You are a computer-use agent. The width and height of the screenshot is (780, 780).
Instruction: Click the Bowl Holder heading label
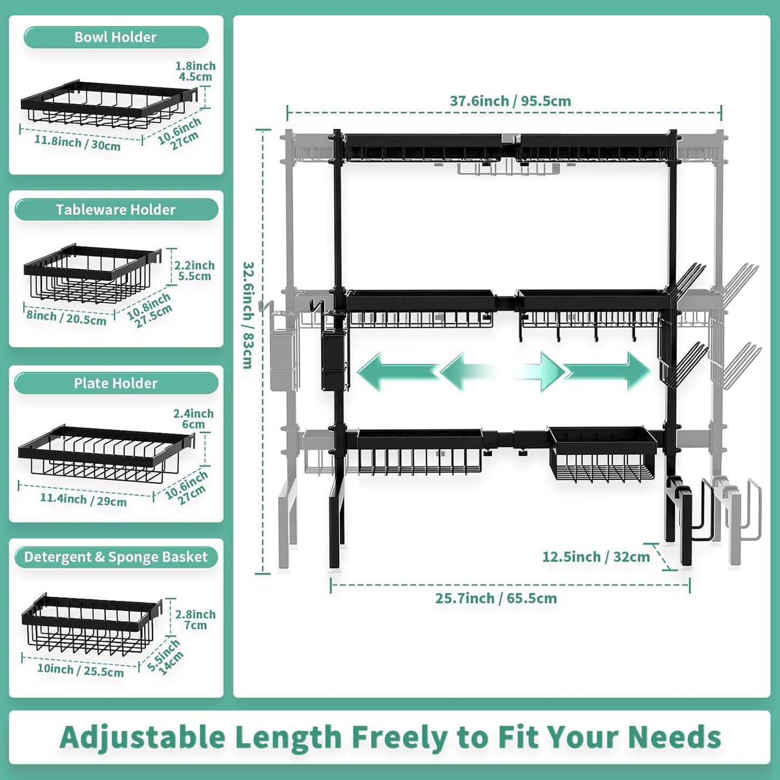pyautogui.click(x=116, y=37)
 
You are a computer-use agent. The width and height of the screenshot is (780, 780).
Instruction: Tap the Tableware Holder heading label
pyautogui.click(x=116, y=209)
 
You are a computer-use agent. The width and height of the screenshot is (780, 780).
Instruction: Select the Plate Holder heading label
pyautogui.click(x=116, y=383)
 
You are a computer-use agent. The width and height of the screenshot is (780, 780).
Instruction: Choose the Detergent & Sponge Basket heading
pyautogui.click(x=116, y=557)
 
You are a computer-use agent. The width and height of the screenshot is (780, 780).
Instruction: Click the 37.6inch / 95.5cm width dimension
pyautogui.click(x=510, y=101)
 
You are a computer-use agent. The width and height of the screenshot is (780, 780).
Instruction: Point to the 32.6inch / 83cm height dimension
pyautogui.click(x=248, y=315)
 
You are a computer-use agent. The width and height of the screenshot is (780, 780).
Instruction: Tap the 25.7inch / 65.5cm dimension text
pyautogui.click(x=496, y=598)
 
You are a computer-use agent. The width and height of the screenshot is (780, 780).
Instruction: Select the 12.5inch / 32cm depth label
pyautogui.click(x=596, y=557)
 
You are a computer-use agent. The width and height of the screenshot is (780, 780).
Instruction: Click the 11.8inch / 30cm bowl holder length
pyautogui.click(x=77, y=143)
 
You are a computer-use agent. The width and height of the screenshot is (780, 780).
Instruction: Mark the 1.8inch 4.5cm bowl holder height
pyautogui.click(x=195, y=71)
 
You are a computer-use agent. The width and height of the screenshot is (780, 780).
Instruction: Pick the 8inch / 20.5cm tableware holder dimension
pyautogui.click(x=66, y=317)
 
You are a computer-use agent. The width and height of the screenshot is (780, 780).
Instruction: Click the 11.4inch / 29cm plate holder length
pyautogui.click(x=83, y=499)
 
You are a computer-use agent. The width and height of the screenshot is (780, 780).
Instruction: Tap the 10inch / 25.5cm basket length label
pyautogui.click(x=80, y=670)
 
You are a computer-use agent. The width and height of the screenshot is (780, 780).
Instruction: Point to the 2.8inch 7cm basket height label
pyautogui.click(x=195, y=620)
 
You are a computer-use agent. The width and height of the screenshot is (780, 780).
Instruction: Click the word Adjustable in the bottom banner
pyautogui.click(x=143, y=737)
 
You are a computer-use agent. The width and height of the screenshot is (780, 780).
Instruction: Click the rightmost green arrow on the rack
pyautogui.click(x=607, y=371)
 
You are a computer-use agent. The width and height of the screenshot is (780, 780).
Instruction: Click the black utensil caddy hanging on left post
pyautogui.click(x=334, y=360)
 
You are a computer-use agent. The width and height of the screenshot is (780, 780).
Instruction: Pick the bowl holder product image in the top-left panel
pyautogui.click(x=108, y=105)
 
